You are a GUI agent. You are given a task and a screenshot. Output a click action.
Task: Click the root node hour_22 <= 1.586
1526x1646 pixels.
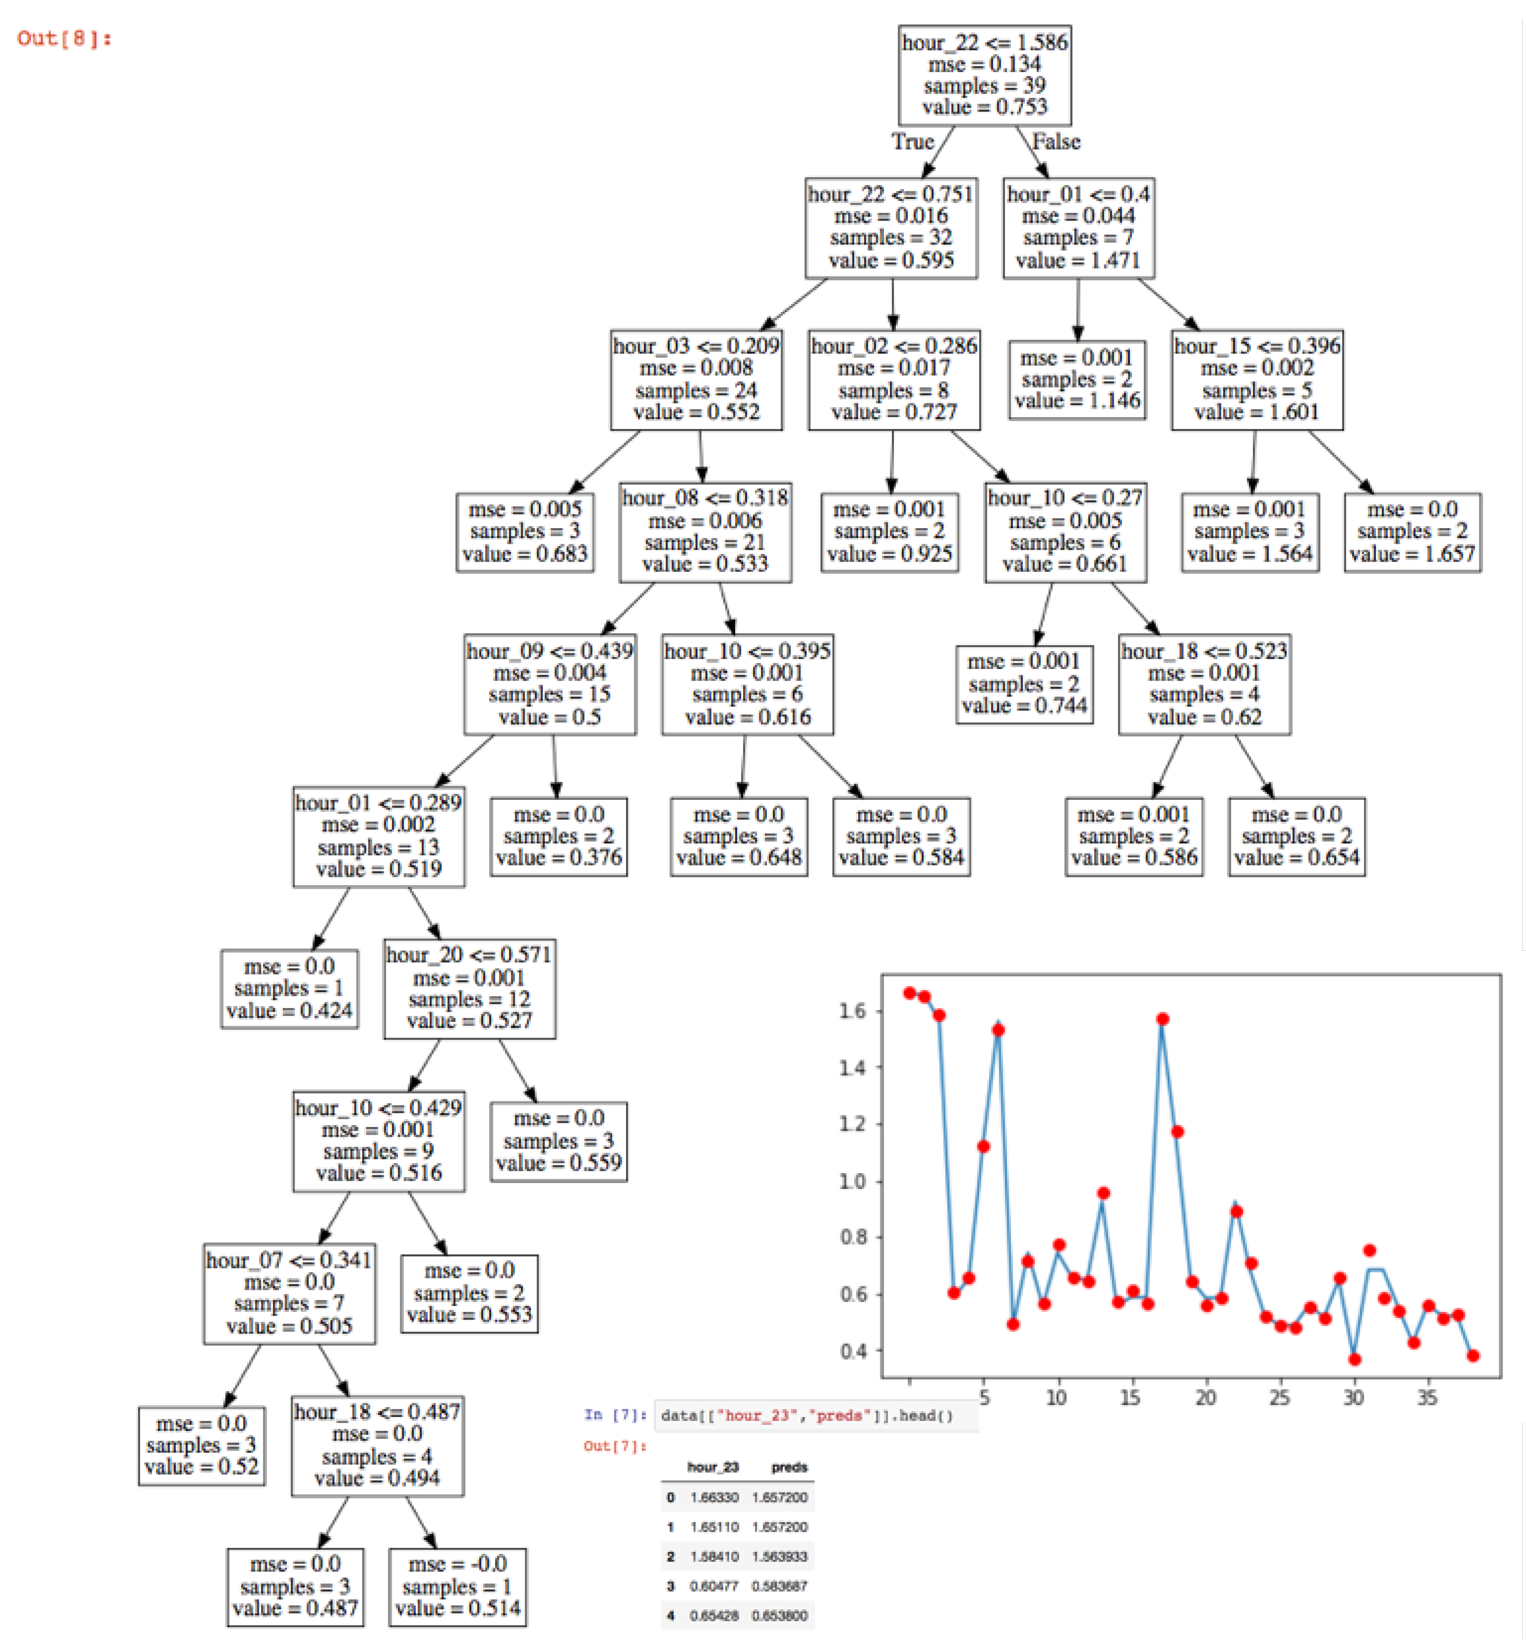click(x=984, y=75)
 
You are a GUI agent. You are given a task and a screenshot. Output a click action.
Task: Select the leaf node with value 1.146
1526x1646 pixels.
click(x=1077, y=379)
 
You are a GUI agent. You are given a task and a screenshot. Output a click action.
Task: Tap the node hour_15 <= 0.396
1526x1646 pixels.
click(x=1257, y=379)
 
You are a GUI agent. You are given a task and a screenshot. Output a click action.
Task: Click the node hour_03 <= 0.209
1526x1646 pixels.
click(x=696, y=379)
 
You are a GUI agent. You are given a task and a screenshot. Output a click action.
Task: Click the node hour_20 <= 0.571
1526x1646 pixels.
click(x=469, y=988)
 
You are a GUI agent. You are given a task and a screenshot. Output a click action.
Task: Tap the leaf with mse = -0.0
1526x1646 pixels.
click(x=458, y=1586)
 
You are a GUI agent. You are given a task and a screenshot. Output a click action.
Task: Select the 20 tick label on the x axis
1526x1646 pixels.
click(x=1205, y=1398)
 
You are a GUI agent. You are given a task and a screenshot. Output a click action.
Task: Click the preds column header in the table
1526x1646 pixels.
click(x=788, y=1467)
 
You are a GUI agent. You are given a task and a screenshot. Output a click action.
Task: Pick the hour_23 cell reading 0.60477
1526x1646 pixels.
click(x=714, y=1586)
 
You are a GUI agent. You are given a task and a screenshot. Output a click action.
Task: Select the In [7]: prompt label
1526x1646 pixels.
click(x=615, y=1415)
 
